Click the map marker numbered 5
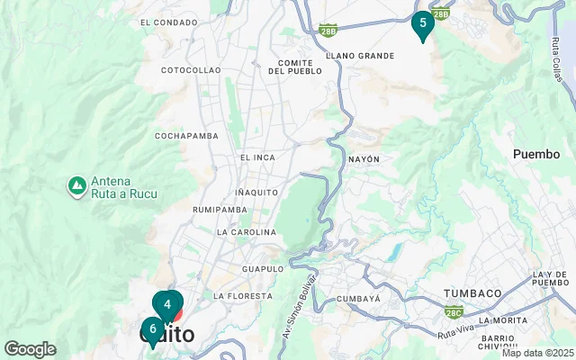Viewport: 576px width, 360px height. click(422, 24)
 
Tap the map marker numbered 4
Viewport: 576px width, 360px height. click(167, 305)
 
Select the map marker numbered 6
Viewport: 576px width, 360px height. click(152, 329)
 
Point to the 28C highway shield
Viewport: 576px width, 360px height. click(453, 313)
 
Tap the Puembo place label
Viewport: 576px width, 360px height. click(536, 154)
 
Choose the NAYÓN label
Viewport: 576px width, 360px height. click(364, 159)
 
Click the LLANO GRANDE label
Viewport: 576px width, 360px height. click(360, 56)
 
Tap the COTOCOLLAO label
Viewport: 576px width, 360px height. click(190, 69)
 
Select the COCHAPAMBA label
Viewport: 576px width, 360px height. click(186, 136)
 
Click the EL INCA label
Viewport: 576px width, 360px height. click(257, 157)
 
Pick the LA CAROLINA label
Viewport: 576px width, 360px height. click(246, 232)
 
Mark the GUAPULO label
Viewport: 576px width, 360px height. click(263, 269)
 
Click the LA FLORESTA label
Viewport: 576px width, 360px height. click(242, 296)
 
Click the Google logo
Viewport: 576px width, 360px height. click(30, 349)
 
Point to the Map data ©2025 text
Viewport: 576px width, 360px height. click(537, 353)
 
